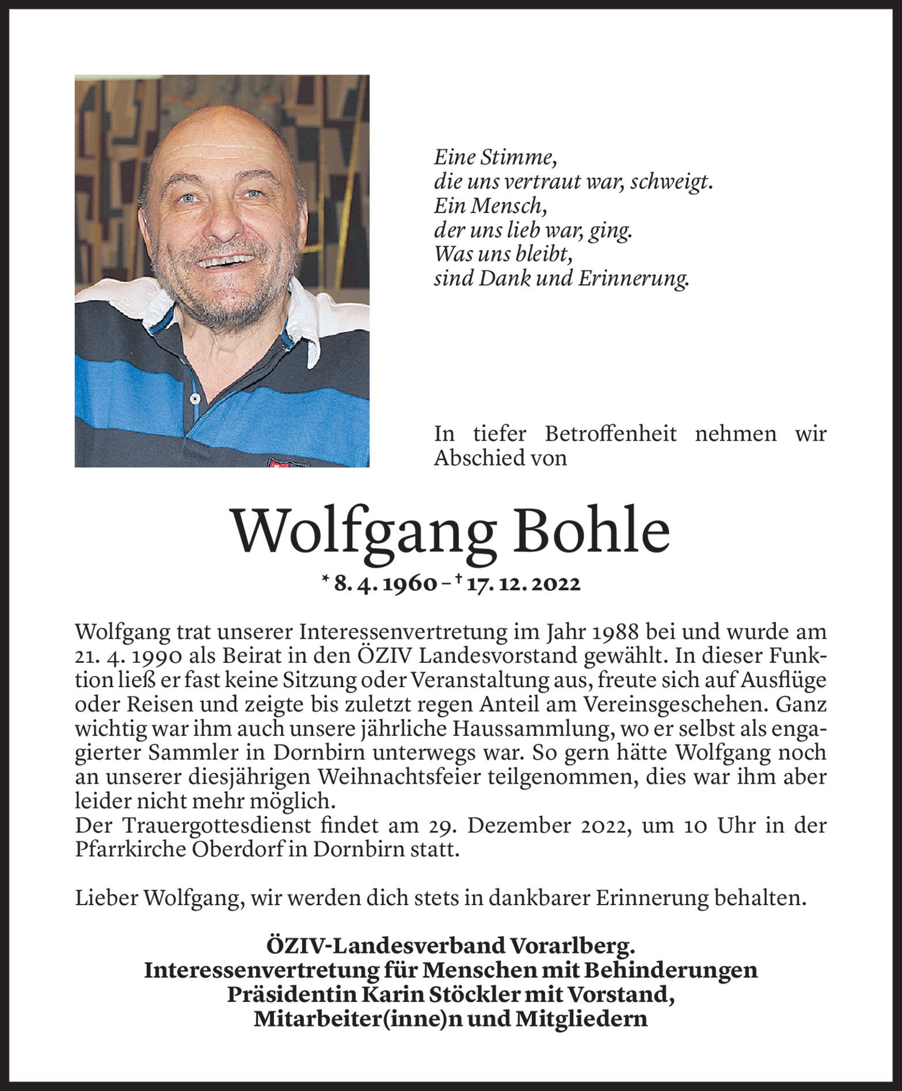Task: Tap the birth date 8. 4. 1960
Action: (385, 584)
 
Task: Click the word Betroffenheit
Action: (611, 433)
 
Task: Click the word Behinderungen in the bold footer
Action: (670, 971)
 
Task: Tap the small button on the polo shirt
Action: (195, 398)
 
